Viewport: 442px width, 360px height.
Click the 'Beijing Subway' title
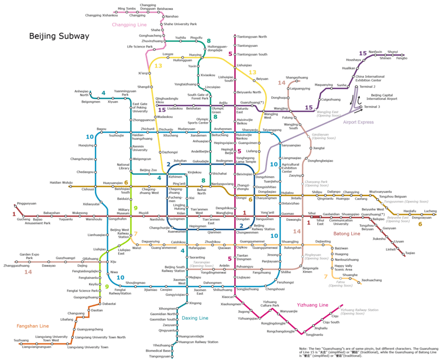point(60,36)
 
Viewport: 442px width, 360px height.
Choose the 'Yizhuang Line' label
point(313,305)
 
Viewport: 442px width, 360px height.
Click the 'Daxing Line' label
point(195,318)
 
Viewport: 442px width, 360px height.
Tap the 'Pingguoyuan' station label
point(27,204)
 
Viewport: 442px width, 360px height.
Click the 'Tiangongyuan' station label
point(160,356)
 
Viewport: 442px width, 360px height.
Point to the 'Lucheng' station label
point(430,211)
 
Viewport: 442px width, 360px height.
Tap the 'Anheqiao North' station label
point(81,93)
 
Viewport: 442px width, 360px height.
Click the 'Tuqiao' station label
point(410,253)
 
